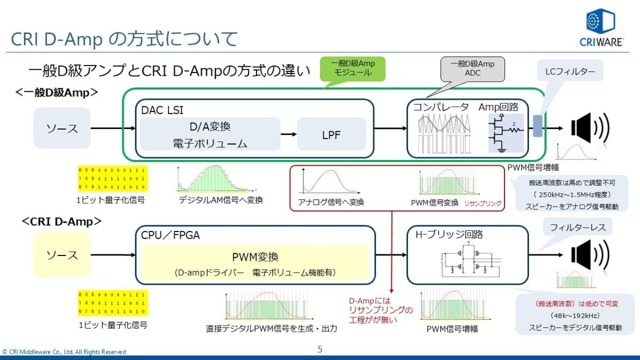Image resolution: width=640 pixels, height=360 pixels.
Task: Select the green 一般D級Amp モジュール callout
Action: pos(353,68)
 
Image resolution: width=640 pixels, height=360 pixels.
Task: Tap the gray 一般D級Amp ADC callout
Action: pos(472,68)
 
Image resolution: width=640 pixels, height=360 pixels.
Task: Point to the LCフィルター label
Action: pos(570,71)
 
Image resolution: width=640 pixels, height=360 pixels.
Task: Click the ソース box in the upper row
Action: pos(62,128)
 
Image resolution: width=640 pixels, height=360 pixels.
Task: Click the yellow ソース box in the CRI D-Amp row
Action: pos(62,254)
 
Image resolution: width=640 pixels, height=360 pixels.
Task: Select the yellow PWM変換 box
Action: pos(255,263)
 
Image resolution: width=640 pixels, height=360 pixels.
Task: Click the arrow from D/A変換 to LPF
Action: pos(289,134)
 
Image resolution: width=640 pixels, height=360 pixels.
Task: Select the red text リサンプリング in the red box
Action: pos(482,204)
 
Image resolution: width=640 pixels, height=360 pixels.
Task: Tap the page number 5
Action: pos(320,350)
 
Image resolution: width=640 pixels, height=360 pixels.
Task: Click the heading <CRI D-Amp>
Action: pos(62,220)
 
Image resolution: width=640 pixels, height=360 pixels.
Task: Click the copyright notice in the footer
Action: pos(64,352)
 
